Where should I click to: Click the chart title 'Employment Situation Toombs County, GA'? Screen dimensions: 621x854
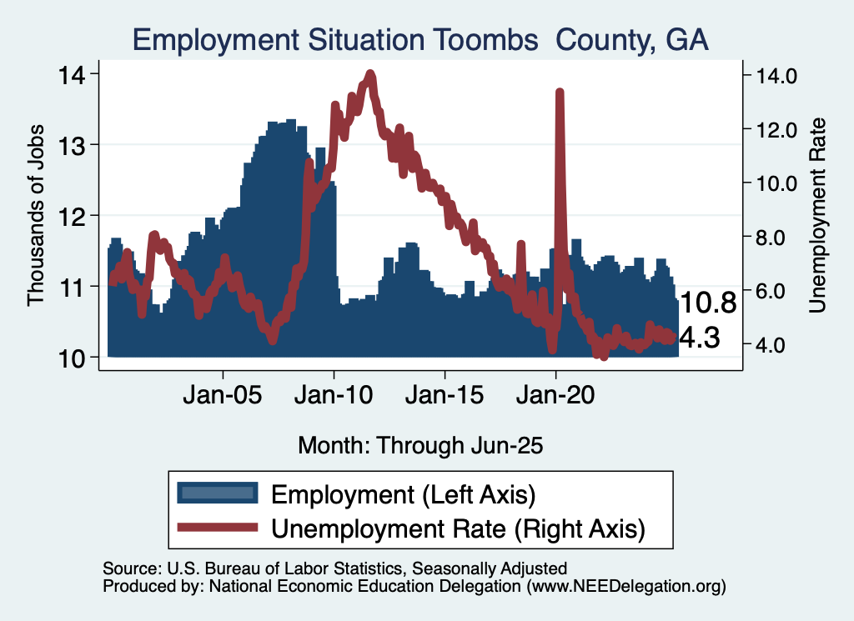click(420, 41)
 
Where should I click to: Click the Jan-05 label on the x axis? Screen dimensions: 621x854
click(223, 394)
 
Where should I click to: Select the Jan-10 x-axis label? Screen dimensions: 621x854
click(334, 394)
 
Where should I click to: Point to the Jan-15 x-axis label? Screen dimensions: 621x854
click(445, 394)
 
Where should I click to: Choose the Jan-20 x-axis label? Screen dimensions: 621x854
click(555, 394)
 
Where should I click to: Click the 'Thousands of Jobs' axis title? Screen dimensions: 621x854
click(36, 215)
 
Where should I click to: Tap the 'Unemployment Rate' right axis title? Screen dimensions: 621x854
click(817, 215)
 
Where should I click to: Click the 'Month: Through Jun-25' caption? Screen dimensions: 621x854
click(420, 445)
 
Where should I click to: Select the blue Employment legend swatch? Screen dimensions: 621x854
click(217, 493)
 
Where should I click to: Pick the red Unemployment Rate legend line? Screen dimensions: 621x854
click(217, 528)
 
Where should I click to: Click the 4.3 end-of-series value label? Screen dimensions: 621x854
click(700, 338)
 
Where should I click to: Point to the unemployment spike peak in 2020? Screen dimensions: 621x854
click(560, 93)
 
